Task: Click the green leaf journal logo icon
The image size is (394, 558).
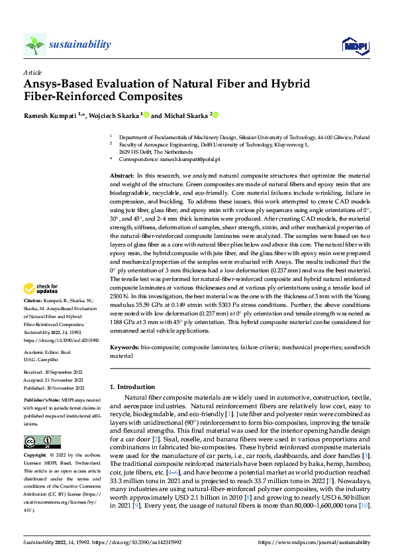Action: coord(34,44)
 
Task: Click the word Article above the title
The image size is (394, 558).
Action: coord(32,72)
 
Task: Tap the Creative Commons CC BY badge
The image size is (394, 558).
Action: coord(42,442)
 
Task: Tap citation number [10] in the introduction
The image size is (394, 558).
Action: coord(363,507)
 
